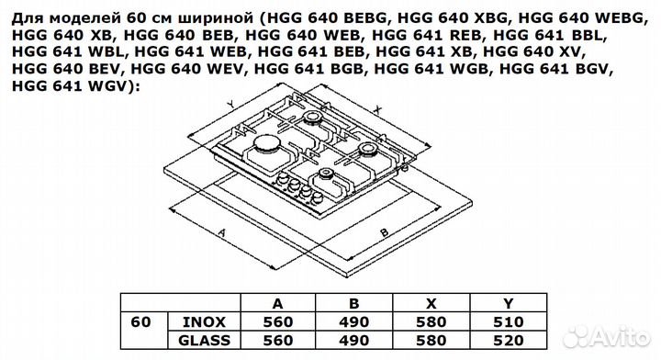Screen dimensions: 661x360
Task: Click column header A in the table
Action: click(276, 303)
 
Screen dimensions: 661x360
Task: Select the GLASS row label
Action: click(204, 340)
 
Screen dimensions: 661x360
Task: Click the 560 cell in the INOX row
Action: click(276, 321)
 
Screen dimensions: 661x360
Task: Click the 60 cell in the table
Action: click(141, 321)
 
